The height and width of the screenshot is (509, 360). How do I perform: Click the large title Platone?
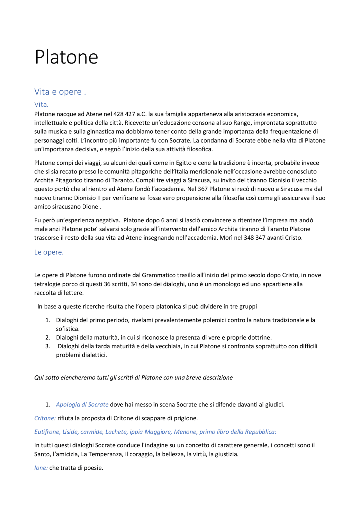[x=66, y=57]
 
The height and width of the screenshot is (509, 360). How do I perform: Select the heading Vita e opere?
[x=60, y=92]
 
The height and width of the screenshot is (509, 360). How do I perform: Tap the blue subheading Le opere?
[x=49, y=252]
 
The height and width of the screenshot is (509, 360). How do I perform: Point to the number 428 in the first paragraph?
[x=118, y=114]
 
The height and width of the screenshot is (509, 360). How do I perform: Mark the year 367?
[x=202, y=189]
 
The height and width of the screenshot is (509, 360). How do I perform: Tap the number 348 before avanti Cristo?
[x=249, y=238]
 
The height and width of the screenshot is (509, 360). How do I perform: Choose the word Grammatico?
[x=159, y=275]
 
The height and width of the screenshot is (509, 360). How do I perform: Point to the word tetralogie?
[x=48, y=284]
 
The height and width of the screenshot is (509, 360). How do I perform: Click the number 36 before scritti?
[x=107, y=284]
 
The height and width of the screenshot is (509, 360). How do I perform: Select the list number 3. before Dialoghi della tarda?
[x=48, y=346]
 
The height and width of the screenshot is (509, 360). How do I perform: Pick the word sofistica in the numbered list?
[x=68, y=329]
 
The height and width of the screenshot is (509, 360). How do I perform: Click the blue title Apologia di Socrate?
[x=82, y=405]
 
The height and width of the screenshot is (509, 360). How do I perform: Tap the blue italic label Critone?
[x=45, y=418]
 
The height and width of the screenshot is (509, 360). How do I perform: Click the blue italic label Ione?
[x=41, y=468]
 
